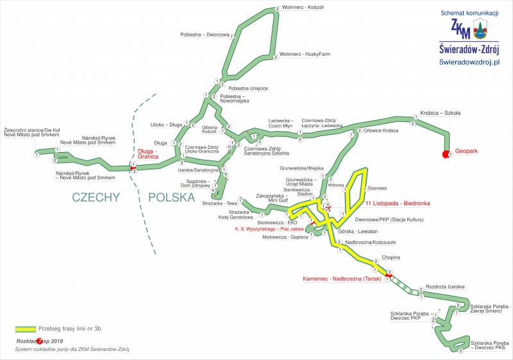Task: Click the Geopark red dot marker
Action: click(446, 154)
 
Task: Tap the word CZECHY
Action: click(96, 197)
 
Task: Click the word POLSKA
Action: click(171, 197)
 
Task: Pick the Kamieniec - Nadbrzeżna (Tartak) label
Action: click(342, 279)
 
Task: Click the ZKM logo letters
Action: click(460, 29)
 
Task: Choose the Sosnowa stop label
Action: click(378, 188)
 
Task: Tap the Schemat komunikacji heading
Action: click(469, 13)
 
